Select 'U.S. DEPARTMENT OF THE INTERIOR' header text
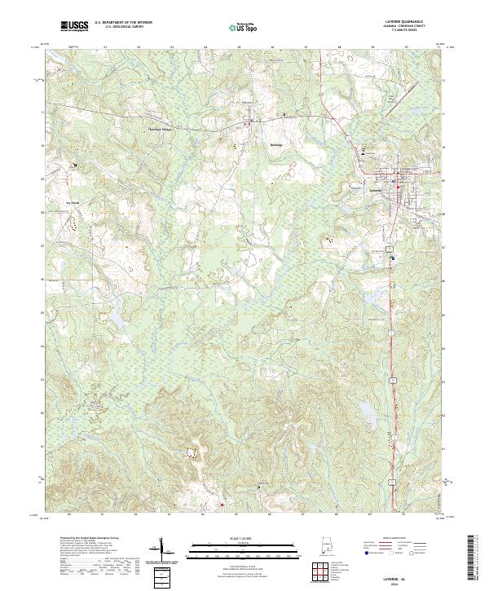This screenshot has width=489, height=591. (123, 22)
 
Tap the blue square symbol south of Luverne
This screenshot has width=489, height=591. (392, 259)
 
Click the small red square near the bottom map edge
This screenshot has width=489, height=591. (222, 505)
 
